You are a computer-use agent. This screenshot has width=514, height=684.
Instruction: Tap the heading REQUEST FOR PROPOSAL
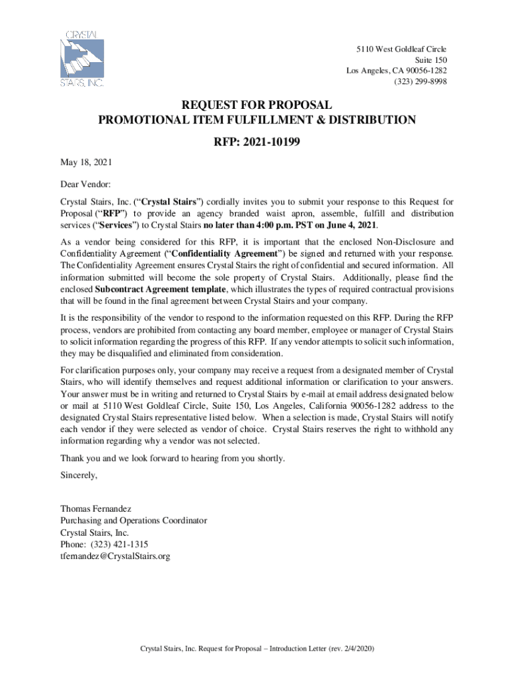pos(257,105)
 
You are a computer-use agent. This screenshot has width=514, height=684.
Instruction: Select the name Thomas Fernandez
pos(97,508)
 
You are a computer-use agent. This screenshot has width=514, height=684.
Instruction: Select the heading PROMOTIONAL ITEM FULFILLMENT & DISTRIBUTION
pos(257,120)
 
